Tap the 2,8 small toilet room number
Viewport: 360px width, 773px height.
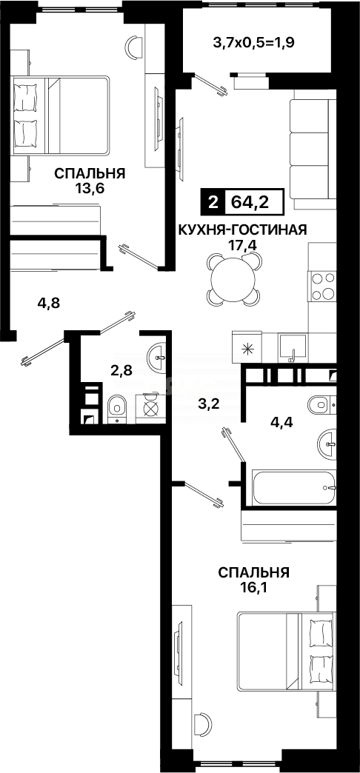point(121,370)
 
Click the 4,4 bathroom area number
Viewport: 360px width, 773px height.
point(281,423)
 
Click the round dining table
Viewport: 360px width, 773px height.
point(234,279)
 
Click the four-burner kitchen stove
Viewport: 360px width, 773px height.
point(322,287)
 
